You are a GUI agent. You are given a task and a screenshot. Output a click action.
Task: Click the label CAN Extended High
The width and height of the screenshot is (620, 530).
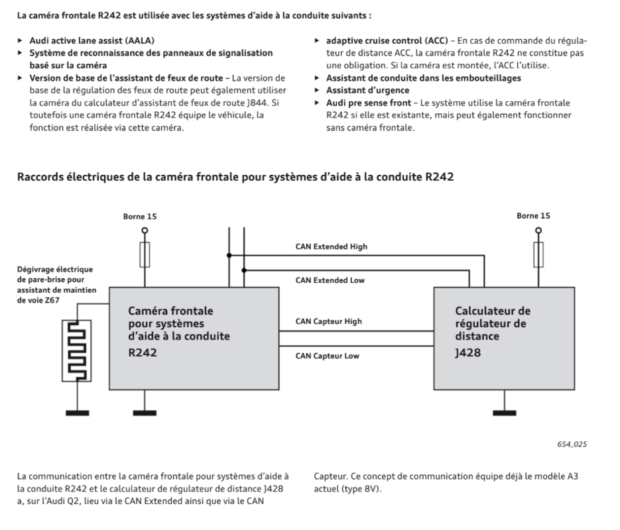pos(331,246)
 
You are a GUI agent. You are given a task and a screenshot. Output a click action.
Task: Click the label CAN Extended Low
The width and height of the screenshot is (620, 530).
pos(330,280)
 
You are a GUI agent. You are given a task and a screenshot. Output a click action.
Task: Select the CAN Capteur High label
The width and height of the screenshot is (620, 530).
pos(328,321)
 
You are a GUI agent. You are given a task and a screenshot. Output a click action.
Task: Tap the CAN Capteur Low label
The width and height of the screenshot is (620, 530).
pos(327,356)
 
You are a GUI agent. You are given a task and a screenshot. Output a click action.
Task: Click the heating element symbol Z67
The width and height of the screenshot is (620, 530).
pos(77,351)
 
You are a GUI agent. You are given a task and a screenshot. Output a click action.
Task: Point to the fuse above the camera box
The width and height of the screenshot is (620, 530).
pos(145,254)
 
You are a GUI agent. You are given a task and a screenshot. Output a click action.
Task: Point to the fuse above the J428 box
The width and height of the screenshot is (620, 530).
pos(538,254)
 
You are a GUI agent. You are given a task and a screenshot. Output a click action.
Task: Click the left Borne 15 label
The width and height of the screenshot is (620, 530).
pos(140,216)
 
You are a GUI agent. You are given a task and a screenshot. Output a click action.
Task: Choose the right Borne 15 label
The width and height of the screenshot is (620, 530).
pos(533,215)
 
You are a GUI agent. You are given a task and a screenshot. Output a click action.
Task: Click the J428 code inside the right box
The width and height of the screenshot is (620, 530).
pos(467,354)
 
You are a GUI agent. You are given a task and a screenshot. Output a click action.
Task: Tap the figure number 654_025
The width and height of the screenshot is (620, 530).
pos(572,444)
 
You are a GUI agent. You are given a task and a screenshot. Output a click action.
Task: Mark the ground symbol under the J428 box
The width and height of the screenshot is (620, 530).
pos(505,413)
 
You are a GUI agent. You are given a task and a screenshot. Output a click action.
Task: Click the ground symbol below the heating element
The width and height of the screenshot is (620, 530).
pos(77,413)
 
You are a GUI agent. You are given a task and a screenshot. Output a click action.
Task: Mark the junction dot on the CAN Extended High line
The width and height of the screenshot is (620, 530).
pos(229,254)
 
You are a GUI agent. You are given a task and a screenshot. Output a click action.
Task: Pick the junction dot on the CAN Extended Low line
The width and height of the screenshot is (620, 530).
pos(245,270)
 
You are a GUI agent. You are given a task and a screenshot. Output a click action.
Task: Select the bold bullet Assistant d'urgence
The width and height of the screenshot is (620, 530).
pos(367,90)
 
